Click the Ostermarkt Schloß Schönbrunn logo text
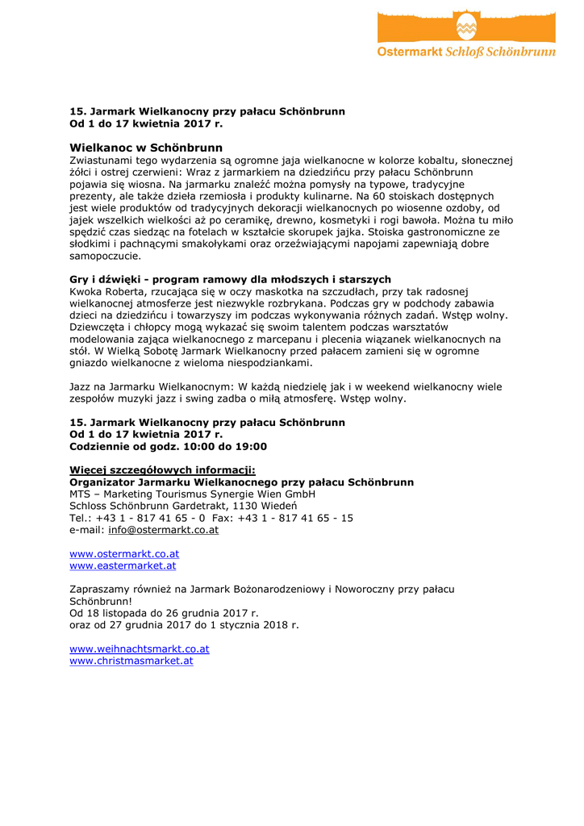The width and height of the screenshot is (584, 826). coord(466,52)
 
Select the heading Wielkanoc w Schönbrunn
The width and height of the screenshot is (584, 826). coord(146,148)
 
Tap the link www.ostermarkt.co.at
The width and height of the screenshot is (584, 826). coord(124,554)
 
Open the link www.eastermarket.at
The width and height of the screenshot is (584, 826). coord(123,566)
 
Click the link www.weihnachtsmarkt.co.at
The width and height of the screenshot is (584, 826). coord(140,649)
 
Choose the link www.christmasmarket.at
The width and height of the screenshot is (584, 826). coord(131,661)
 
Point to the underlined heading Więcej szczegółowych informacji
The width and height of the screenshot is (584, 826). coord(162,470)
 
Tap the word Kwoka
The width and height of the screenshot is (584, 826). coord(86,291)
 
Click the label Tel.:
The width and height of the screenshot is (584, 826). coord(81,518)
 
